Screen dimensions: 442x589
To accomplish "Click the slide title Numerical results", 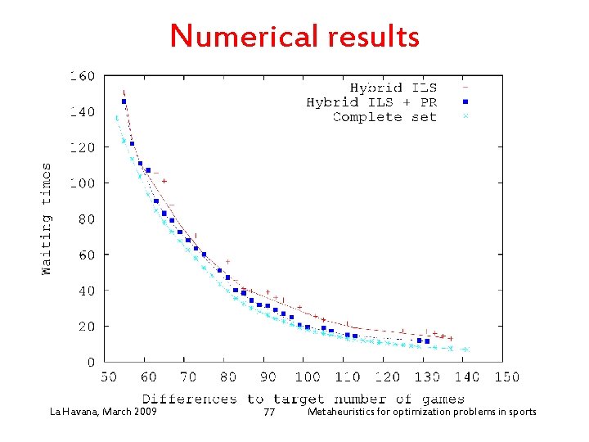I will pos(294,36).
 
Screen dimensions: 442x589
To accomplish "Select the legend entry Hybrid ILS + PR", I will pos(371,102).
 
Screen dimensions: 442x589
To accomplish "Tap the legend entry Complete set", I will pos(384,117).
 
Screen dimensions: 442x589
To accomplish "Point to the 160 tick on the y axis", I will pos(83,76).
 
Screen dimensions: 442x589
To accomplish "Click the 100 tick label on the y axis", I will pos(83,183).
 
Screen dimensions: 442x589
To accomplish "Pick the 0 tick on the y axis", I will pos(90,362).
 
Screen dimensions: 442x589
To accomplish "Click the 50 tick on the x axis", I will pos(108,377).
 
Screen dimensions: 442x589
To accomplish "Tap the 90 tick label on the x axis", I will pos(268,377).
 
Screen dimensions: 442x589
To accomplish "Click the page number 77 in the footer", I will pos(269,413).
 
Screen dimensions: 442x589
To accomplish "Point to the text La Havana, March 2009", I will pos(103,412).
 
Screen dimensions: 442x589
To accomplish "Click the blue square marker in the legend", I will pos(465,102).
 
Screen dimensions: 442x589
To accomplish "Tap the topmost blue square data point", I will pos(124,101).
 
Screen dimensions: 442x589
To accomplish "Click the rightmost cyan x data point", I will pos(466,350).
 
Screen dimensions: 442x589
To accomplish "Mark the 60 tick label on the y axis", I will pos(86,255).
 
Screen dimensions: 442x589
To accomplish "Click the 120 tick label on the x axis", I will pos(386,377).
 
